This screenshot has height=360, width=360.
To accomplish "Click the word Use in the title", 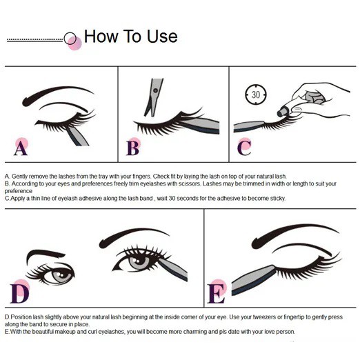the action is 162,37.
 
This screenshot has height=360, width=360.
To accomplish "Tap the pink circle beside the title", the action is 74,43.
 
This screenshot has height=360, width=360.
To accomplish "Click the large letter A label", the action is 21,148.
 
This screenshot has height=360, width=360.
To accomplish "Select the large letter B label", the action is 133,148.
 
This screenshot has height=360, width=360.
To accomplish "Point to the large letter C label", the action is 244,148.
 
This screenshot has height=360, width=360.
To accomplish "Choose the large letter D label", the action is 20,294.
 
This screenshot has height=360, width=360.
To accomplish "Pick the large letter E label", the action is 216,294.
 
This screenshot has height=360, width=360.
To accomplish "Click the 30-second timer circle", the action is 256,94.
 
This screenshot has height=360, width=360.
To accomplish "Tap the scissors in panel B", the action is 153,97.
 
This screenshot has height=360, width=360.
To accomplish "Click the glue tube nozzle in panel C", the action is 282,112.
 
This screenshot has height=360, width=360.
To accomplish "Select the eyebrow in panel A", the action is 57,94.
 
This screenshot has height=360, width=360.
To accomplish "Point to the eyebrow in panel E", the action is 294,235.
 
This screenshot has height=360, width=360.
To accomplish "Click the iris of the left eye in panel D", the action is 61,276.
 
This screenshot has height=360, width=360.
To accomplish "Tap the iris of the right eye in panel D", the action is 139,262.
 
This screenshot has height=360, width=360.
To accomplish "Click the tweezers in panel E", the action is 254,280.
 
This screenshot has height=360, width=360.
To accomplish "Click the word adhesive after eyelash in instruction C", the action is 90,199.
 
